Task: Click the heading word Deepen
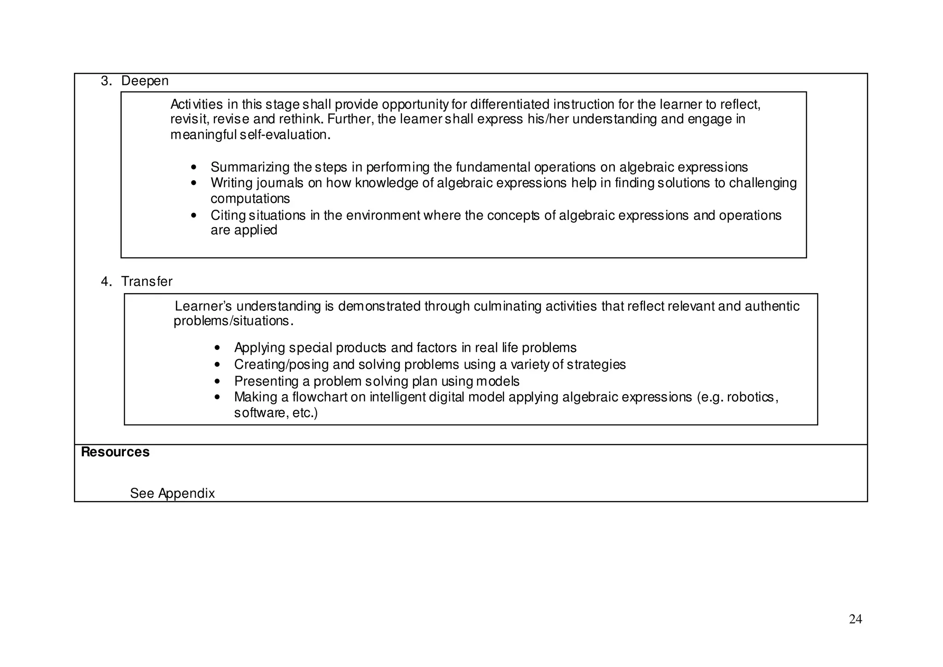[145, 81]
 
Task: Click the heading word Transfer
[146, 282]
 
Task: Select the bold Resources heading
[115, 452]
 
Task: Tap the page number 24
[855, 620]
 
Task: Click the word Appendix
[186, 494]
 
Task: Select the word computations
[250, 199]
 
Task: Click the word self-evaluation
[285, 135]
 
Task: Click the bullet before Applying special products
[218, 348]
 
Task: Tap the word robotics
[751, 397]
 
